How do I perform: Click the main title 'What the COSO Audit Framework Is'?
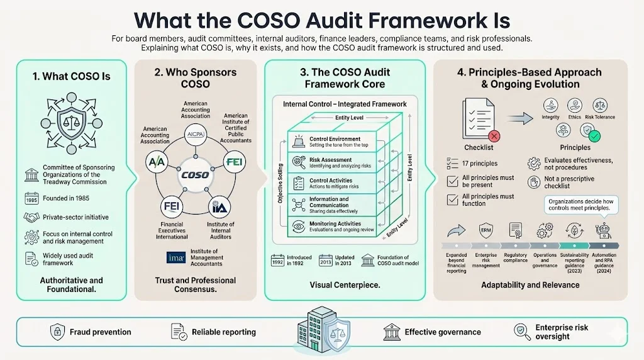(x=321, y=19)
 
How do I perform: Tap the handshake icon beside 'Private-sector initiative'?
(x=30, y=217)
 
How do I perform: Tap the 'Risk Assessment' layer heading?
(x=331, y=160)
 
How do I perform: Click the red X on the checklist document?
(x=494, y=135)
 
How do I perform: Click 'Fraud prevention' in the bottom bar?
(x=100, y=332)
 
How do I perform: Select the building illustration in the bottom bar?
(x=321, y=329)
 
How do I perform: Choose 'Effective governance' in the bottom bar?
(x=442, y=332)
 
